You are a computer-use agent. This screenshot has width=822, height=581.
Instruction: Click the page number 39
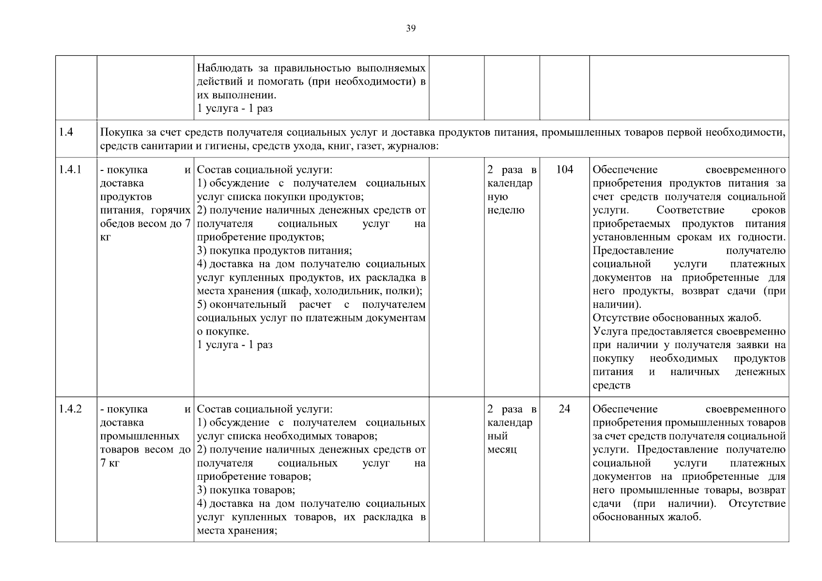[411, 28]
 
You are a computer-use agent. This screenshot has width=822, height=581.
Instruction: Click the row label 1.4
[66, 132]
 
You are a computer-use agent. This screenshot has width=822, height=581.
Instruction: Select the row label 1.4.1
[70, 169]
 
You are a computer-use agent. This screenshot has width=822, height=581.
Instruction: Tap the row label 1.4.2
[70, 409]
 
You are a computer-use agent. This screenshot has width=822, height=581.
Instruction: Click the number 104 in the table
[564, 169]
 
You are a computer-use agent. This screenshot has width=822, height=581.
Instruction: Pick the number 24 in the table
[564, 409]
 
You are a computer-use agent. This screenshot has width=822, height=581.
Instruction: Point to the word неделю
[506, 210]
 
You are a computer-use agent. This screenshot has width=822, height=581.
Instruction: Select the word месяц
[502, 450]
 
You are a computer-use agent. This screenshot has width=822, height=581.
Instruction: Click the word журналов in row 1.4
[413, 146]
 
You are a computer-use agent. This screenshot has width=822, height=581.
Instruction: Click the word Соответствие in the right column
[690, 210]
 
